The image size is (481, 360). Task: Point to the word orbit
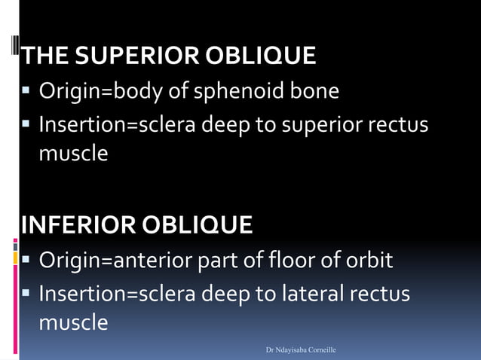369,261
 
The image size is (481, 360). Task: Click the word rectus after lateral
384,292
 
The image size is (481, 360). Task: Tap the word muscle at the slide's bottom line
73,323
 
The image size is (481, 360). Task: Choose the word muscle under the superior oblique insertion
73,154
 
